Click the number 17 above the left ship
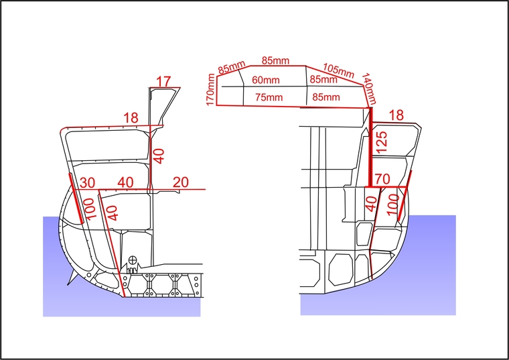(163, 82)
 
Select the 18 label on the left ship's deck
(131, 117)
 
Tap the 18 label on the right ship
(396, 115)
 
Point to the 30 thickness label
(87, 183)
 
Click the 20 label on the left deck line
(180, 182)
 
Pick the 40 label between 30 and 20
(125, 182)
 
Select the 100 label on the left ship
(90, 209)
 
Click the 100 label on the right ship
(392, 204)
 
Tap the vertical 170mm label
(210, 89)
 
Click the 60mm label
(265, 80)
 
